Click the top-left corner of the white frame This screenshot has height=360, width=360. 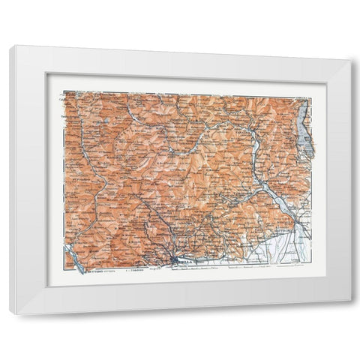click(10, 46)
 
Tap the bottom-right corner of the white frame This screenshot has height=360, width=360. click(350, 302)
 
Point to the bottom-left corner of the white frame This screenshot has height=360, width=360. click(10, 313)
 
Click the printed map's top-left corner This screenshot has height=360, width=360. click(64, 91)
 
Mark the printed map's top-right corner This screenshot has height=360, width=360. click(310, 97)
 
